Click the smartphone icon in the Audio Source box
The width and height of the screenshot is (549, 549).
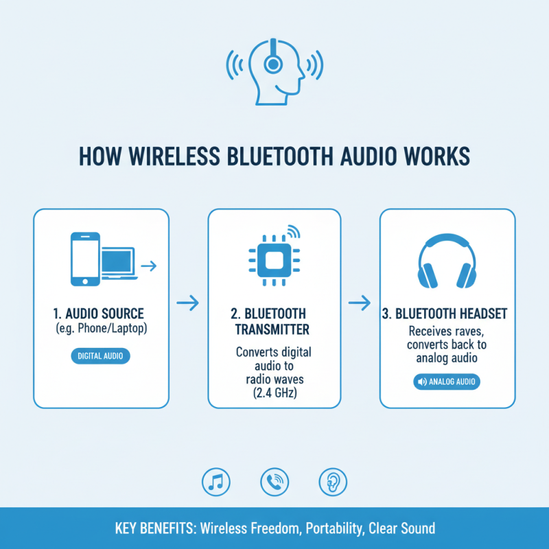click(84, 259)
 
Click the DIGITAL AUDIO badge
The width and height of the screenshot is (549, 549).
click(100, 356)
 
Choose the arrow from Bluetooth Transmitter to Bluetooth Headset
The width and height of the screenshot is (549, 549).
click(360, 301)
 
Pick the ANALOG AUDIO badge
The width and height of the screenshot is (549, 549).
click(447, 382)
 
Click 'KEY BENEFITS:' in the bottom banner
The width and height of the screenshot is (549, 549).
click(154, 528)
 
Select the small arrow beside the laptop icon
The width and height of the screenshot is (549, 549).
click(148, 264)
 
